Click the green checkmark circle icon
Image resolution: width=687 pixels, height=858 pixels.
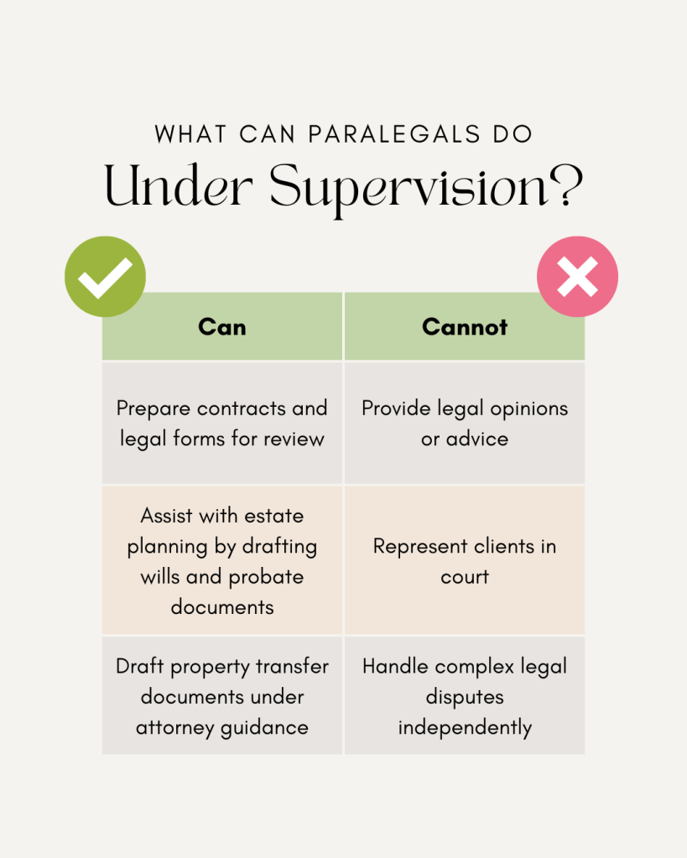tap(105, 276)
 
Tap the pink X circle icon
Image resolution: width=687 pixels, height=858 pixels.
tap(577, 276)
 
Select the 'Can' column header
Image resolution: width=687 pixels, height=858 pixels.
tap(222, 326)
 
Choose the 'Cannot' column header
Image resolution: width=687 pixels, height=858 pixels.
tap(465, 326)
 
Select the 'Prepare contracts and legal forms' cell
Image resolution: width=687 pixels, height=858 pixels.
tap(222, 423)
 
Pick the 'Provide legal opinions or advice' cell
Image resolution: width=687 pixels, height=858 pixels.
tap(465, 423)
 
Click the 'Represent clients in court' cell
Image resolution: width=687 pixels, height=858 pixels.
tap(465, 560)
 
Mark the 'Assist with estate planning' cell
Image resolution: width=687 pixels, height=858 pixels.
tap(222, 560)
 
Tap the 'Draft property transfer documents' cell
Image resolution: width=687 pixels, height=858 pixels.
tap(222, 696)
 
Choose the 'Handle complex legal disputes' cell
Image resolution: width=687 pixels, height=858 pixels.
tap(465, 696)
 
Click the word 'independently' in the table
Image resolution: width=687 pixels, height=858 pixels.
tap(465, 727)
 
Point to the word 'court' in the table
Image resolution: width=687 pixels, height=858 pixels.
tap(465, 577)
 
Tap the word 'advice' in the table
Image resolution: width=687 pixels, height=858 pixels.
tap(476, 439)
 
